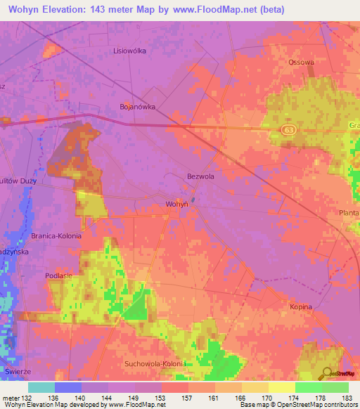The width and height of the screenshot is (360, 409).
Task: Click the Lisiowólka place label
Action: (x=129, y=51)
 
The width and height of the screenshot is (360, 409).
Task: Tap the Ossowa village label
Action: (x=301, y=62)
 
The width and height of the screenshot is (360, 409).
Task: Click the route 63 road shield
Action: (x=290, y=130)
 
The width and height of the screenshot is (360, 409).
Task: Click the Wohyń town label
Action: (x=176, y=203)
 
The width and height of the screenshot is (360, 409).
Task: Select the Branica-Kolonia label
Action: (x=56, y=235)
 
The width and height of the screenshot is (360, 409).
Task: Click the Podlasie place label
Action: (x=59, y=276)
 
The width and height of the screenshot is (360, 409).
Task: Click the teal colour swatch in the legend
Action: (x=41, y=387)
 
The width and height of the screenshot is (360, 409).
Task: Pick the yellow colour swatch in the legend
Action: (x=281, y=387)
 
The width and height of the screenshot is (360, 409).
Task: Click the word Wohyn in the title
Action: (x=28, y=8)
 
